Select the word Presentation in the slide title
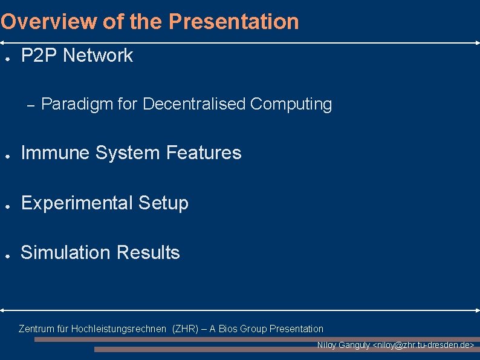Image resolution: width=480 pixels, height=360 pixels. coord(233,22)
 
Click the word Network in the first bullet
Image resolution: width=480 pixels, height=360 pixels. coord(98,56)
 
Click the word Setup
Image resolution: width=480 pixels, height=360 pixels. coord(163,203)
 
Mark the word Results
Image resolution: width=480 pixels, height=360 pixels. coord(148,252)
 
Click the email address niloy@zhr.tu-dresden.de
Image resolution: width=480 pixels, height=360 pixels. coord(424,345)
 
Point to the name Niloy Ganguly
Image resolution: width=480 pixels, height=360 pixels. coord(343,345)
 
